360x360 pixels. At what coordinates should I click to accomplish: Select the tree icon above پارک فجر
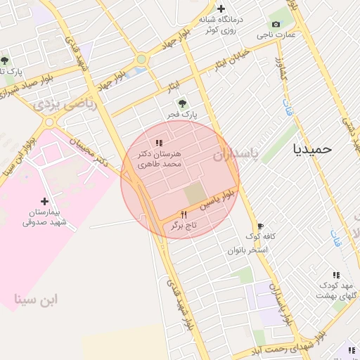click(187, 100)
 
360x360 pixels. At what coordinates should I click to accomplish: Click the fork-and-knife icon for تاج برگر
click(184, 214)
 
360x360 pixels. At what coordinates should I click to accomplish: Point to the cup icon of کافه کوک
click(260, 226)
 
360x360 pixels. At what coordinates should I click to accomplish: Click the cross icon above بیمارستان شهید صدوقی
click(44, 201)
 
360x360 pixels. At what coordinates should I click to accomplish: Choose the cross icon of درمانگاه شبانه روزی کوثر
click(221, 8)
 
